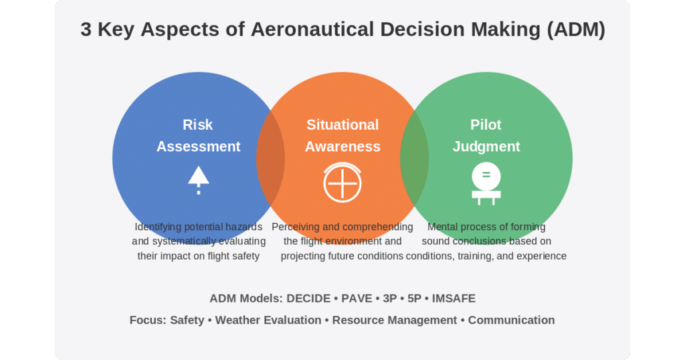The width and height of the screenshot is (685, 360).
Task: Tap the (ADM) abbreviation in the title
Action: [x=576, y=29]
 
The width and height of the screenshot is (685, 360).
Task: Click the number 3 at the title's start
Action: [x=86, y=29]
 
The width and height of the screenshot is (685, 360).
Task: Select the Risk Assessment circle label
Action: [x=198, y=135]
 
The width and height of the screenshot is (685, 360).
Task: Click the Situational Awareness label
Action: [x=342, y=135]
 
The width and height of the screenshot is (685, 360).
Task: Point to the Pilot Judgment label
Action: [x=486, y=135]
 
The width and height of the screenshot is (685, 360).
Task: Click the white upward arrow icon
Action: [x=199, y=180]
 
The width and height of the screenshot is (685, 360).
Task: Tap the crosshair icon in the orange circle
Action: [x=342, y=183]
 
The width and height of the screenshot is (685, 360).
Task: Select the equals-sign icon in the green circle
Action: [x=486, y=183]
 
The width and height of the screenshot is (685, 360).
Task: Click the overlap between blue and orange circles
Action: [x=270, y=158]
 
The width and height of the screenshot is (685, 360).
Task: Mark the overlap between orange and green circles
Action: [x=414, y=158]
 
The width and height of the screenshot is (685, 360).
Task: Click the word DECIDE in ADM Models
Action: [x=308, y=298]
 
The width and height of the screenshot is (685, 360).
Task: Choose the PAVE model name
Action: [x=357, y=298]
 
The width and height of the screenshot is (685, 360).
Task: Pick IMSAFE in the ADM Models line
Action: [x=454, y=298]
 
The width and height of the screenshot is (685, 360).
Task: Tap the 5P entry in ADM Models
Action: [x=414, y=298]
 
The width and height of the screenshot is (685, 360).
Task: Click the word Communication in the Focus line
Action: [x=511, y=321]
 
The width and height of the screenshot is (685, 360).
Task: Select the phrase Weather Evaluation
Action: [x=268, y=321]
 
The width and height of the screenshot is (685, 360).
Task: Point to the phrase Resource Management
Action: [x=395, y=321]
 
